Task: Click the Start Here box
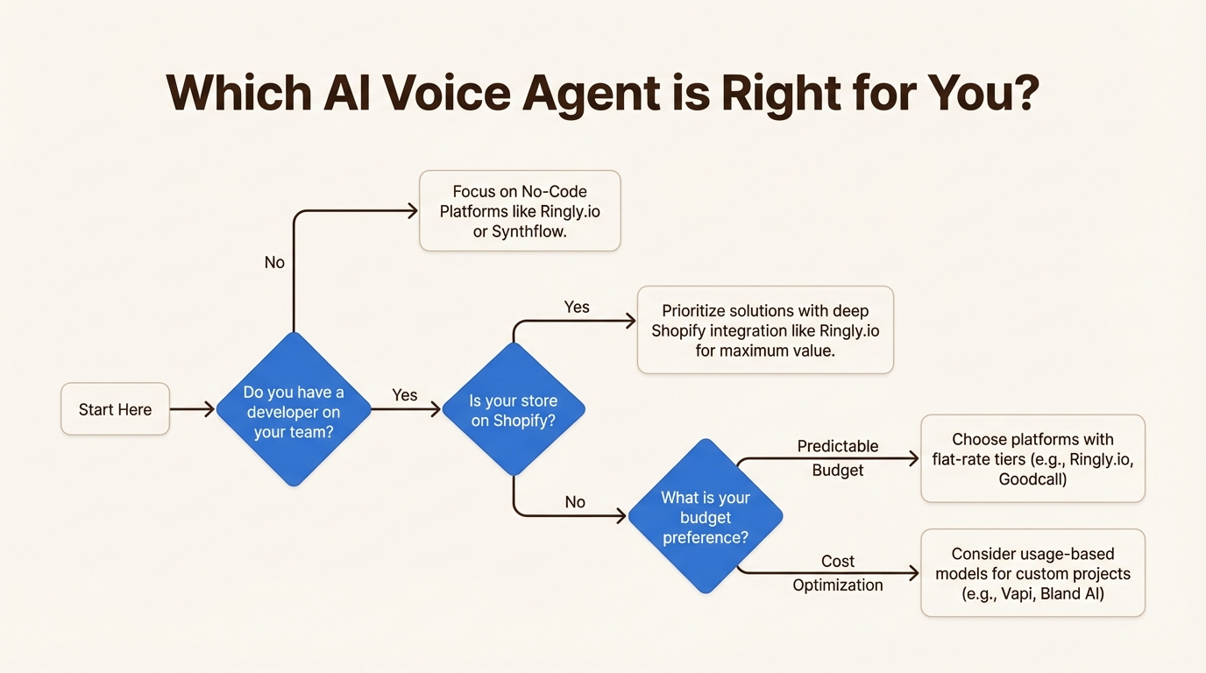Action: pyautogui.click(x=115, y=409)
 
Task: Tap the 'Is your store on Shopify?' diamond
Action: pyautogui.click(x=513, y=410)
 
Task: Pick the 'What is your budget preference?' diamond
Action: pyautogui.click(x=706, y=517)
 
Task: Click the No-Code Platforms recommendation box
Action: pyautogui.click(x=520, y=211)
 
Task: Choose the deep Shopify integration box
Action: pyautogui.click(x=765, y=330)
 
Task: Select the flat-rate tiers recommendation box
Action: pyautogui.click(x=1032, y=458)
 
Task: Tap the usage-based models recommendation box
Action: pyautogui.click(x=1032, y=573)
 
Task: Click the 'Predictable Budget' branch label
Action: pyautogui.click(x=837, y=458)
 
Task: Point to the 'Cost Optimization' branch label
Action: pyautogui.click(x=837, y=573)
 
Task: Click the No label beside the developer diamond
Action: pyautogui.click(x=274, y=262)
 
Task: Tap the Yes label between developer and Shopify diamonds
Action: pyautogui.click(x=405, y=395)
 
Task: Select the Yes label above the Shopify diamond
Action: pyautogui.click(x=577, y=307)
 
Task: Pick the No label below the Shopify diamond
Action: pyautogui.click(x=575, y=502)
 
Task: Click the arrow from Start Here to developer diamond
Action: pyautogui.click(x=192, y=409)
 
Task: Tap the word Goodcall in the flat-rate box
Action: pyautogui.click(x=1032, y=479)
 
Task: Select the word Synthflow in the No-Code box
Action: pyautogui.click(x=529, y=232)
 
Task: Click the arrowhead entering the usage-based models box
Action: pyautogui.click(x=914, y=573)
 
